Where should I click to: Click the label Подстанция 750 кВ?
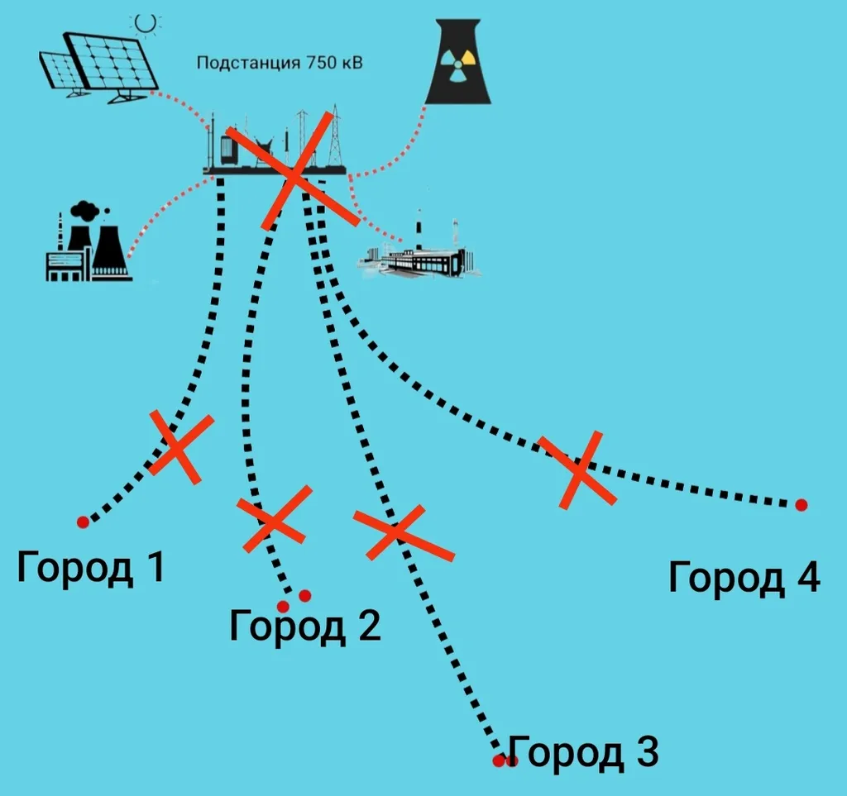pyautogui.click(x=279, y=63)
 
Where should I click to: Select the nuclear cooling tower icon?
pyautogui.click(x=457, y=63)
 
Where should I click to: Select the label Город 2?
pyautogui.click(x=304, y=626)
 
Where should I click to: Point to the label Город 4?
pyautogui.click(x=744, y=577)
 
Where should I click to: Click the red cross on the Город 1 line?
pyautogui.click(x=180, y=448)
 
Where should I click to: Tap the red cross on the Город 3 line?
pyautogui.click(x=402, y=532)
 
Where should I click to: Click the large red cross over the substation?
pyautogui.click(x=293, y=174)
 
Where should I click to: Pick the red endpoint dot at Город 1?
pyautogui.click(x=83, y=522)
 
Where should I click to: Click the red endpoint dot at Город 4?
pyautogui.click(x=801, y=504)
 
